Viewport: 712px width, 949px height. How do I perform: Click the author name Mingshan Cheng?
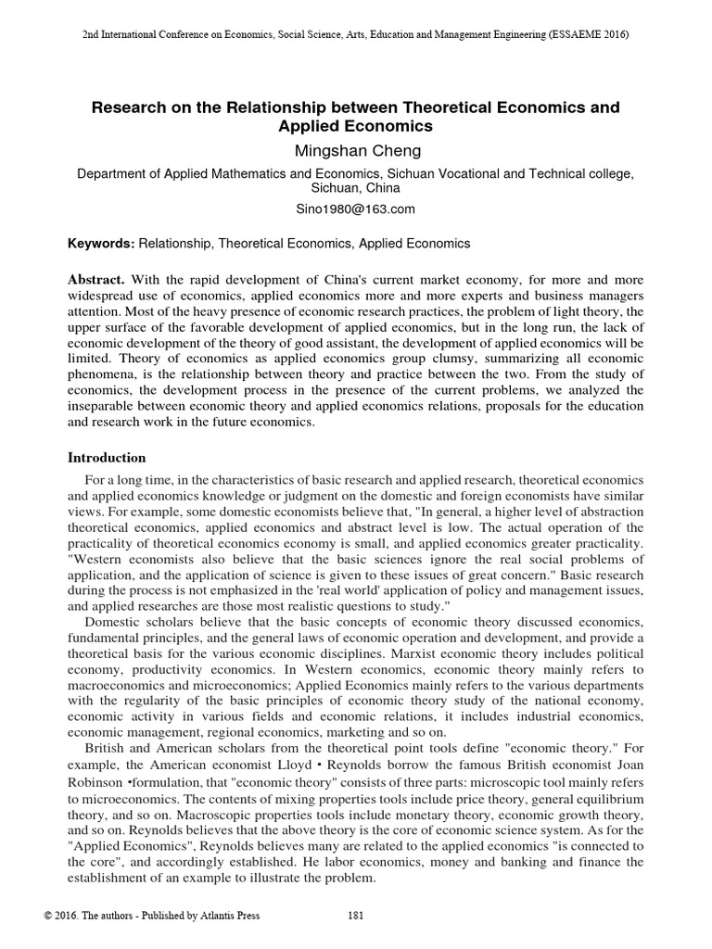coord(355,151)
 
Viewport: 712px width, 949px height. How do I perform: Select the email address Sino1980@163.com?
coord(355,209)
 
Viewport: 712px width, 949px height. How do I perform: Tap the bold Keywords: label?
coord(102,244)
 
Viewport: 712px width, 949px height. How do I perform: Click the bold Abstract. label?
coord(97,280)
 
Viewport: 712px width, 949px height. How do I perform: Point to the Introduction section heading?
coord(108,458)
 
